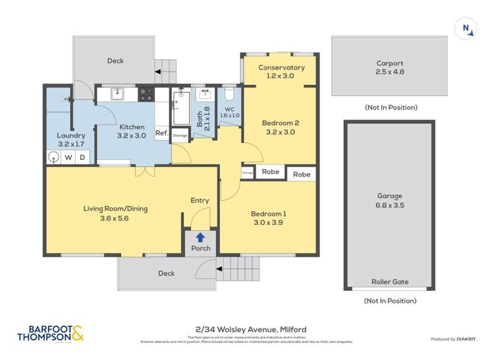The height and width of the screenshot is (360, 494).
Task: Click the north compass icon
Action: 466,28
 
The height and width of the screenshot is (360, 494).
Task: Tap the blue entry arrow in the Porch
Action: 200,237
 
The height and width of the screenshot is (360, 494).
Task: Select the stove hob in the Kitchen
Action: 146,94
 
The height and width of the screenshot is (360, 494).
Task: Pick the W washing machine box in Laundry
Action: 68,157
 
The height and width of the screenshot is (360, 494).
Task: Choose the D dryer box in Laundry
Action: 83,157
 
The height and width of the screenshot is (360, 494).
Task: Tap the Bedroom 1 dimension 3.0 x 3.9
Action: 268,223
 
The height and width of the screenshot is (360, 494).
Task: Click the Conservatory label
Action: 281,67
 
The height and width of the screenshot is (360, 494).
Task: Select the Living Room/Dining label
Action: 115,209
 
